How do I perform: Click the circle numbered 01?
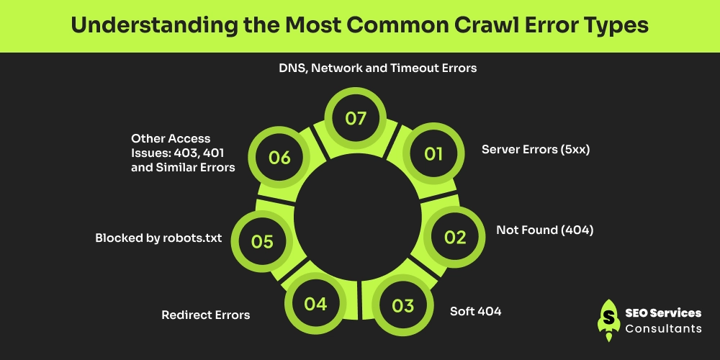point(433,153)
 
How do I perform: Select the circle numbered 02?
point(455,238)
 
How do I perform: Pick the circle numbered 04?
point(315,304)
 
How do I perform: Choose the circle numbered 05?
point(262,241)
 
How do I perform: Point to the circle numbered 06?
point(279,158)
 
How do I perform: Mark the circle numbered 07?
point(356,119)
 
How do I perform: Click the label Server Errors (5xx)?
point(536,150)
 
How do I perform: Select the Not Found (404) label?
point(544,230)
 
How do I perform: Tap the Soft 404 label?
point(475,311)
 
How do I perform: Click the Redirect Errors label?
point(206,315)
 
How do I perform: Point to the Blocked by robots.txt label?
point(158,238)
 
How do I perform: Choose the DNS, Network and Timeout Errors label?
point(378,68)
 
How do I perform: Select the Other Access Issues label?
point(183,153)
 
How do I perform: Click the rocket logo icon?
point(609,320)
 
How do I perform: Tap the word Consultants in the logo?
point(664,328)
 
